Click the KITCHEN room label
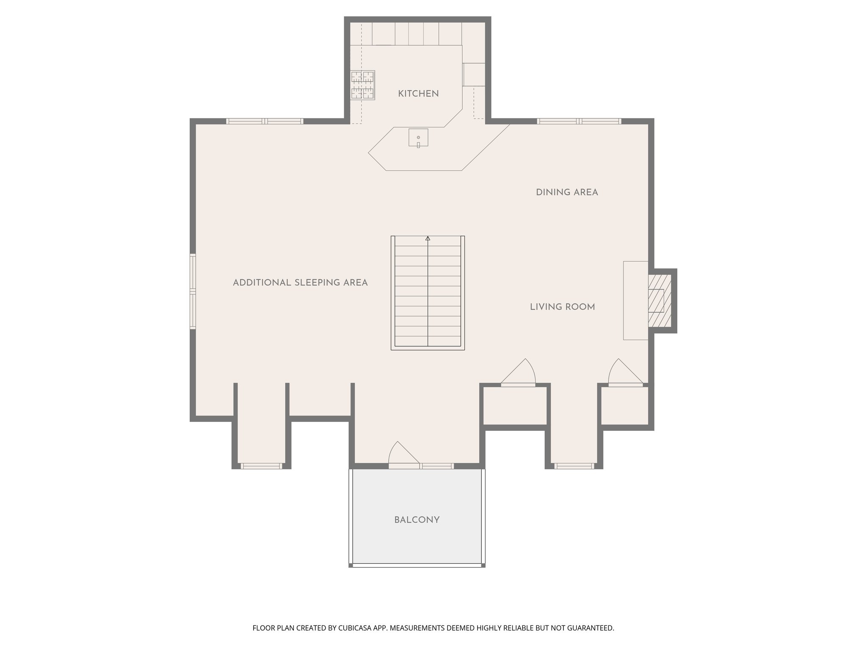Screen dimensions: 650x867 pos(418,94)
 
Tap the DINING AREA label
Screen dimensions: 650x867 pos(567,193)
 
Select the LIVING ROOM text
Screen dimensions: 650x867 pos(562,307)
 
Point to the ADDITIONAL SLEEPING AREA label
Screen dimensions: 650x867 pos(300,283)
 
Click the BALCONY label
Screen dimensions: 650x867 pos(417,520)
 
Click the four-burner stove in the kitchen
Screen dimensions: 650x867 pos(363,85)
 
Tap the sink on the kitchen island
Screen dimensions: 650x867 pos(418,138)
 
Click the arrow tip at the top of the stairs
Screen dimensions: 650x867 pos(428,239)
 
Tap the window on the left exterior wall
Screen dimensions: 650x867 pos(193,291)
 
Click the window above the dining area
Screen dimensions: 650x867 pos(579,121)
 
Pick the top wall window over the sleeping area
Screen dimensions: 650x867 pos(265,121)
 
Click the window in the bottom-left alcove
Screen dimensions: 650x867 pos(261,466)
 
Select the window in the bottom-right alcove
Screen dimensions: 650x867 pos(574,466)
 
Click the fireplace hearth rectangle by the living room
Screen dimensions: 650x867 pos(635,300)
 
